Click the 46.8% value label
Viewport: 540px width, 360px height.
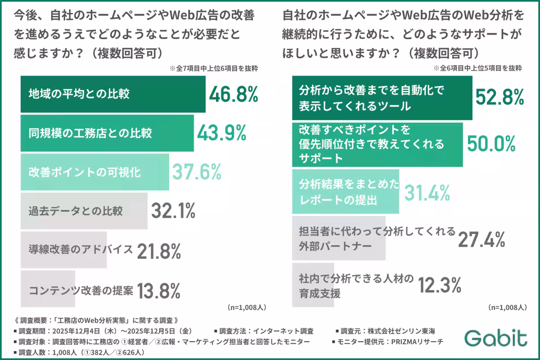point(234,94)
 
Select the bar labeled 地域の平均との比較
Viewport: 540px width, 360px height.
point(112,94)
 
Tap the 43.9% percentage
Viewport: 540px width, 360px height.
point(222,133)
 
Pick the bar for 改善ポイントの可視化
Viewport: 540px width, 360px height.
point(94,172)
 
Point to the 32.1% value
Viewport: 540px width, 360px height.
point(172,211)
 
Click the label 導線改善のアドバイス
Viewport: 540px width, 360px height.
point(81,250)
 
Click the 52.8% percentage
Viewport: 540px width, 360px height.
point(500,97)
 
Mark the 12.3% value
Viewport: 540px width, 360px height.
point(440,285)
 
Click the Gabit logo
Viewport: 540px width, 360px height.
point(495,338)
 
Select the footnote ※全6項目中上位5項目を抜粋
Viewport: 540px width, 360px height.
point(477,69)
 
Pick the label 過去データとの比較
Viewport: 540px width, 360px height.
point(76,211)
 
